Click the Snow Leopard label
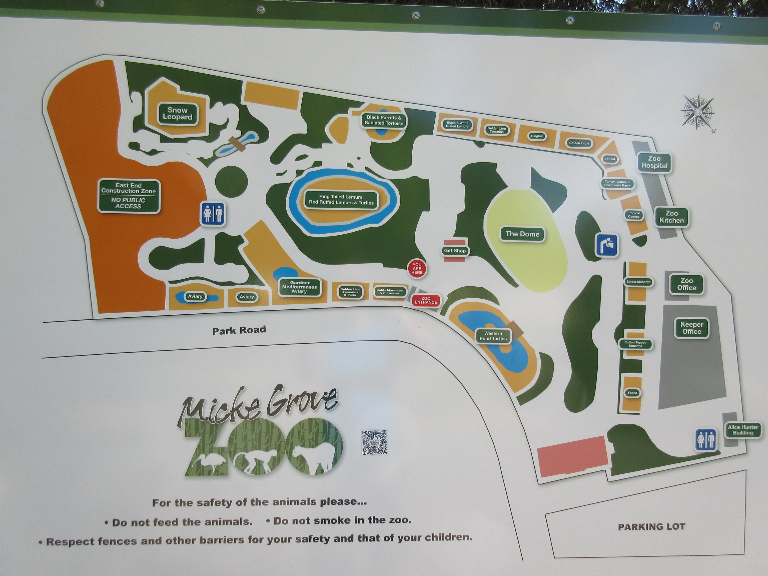[177, 114]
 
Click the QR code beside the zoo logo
[374, 442]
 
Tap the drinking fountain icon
[607, 245]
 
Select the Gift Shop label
[455, 251]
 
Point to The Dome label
[522, 234]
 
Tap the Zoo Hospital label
[654, 162]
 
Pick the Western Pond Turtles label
[493, 336]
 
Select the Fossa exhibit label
[632, 393]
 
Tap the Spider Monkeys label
[638, 282]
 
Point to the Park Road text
[239, 330]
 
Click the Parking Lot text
[651, 527]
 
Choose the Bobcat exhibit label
[610, 159]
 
